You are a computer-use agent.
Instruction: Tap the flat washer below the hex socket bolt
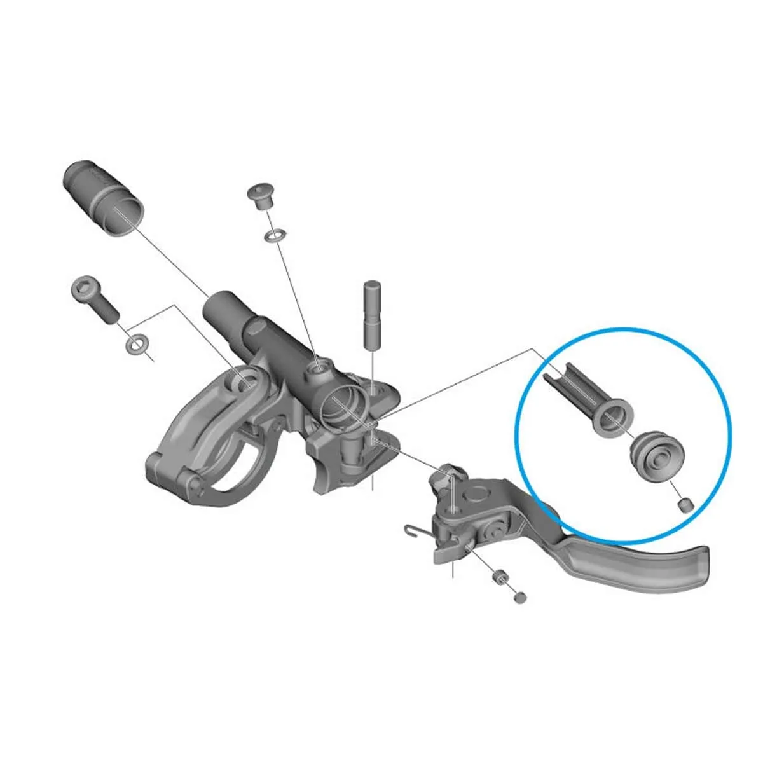(x=135, y=344)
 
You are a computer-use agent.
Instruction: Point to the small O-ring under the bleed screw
(x=275, y=236)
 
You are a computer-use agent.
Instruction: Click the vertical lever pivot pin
(x=371, y=314)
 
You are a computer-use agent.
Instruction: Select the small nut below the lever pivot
(x=499, y=577)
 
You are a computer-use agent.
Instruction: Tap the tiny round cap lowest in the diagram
(x=520, y=597)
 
